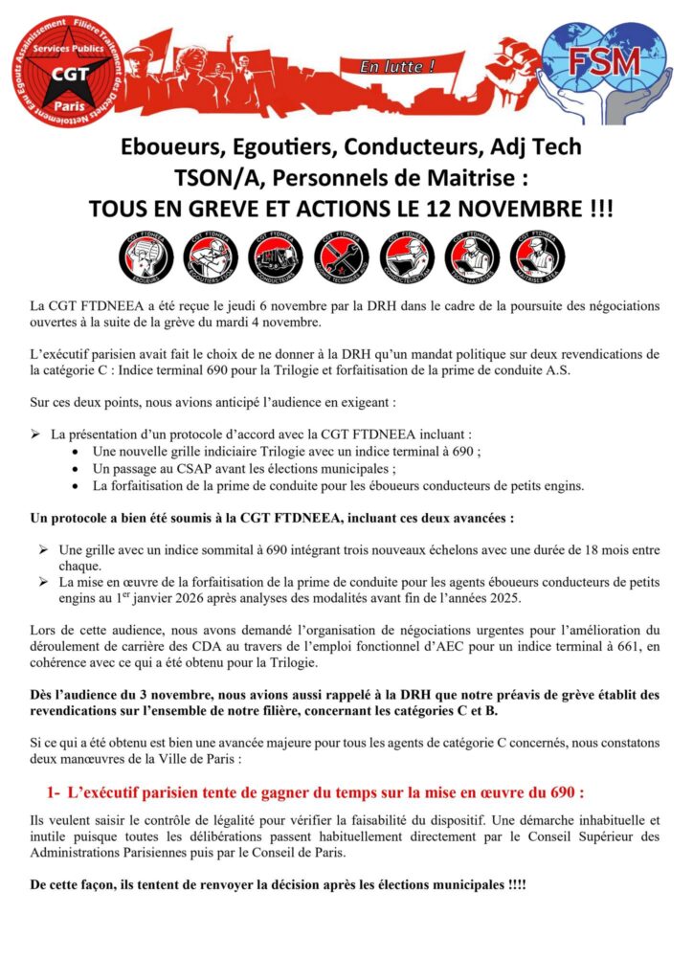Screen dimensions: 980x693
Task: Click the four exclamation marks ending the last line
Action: (516, 885)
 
